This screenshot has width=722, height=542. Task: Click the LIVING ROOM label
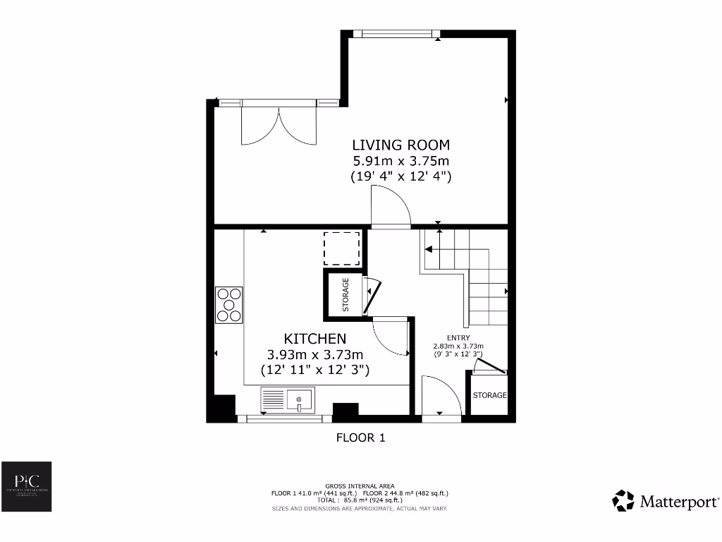400,145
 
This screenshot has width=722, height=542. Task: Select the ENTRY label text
458,338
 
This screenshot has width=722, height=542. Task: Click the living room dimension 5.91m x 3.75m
400,162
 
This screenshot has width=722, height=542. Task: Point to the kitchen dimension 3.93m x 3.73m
314,354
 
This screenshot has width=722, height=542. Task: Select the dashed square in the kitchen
342,247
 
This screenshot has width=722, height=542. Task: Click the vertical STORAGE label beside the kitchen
346,295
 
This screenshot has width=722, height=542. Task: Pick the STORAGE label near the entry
489,395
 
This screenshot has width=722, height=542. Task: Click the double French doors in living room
280,125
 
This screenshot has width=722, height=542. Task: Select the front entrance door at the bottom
441,398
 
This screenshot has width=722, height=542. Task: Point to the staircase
465,275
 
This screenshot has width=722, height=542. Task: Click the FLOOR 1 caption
360,438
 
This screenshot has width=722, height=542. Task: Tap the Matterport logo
666,501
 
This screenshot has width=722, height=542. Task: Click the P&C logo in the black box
25,487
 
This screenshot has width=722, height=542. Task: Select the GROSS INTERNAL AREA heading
360,486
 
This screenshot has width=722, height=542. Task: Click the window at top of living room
396,33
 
